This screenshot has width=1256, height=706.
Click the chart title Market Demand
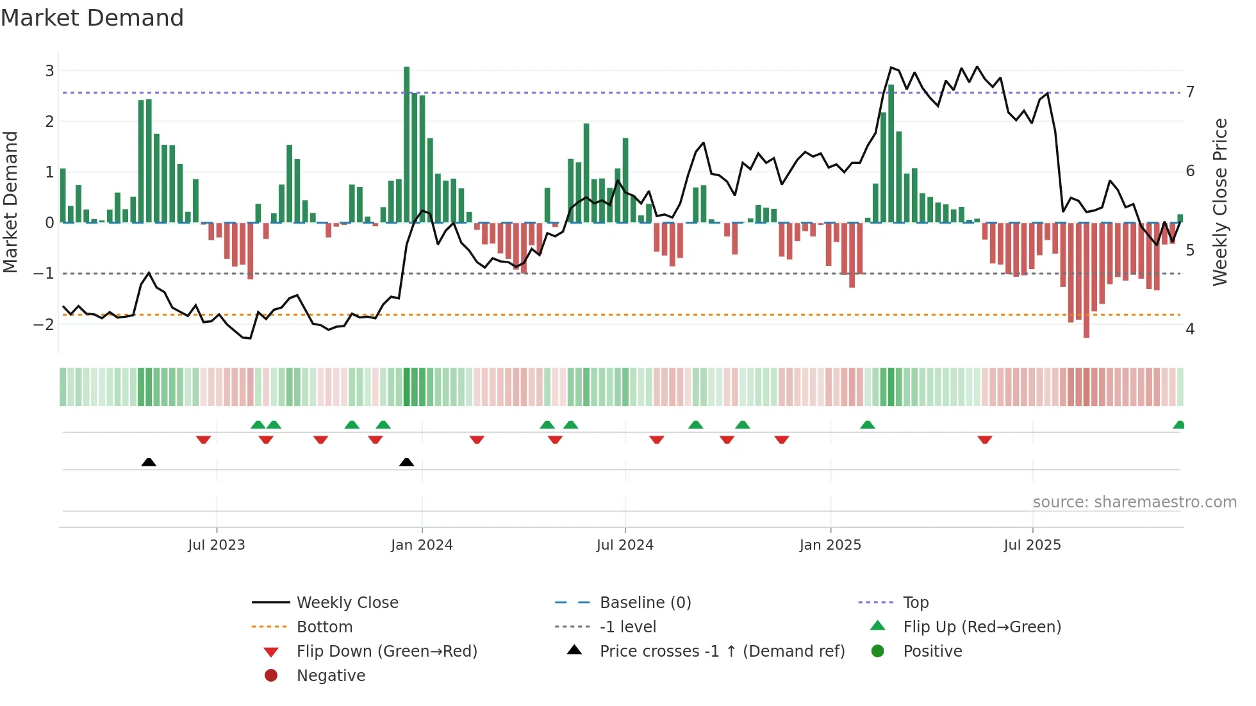click(92, 18)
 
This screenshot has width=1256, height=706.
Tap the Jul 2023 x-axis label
click(217, 545)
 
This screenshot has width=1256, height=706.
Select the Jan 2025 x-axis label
click(830, 545)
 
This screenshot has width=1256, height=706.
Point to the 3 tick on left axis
click(49, 70)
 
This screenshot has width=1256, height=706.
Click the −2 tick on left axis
click(44, 324)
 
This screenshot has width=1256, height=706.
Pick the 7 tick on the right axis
click(1190, 92)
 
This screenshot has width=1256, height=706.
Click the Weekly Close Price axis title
click(1220, 202)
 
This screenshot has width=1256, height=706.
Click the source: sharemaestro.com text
click(1134, 502)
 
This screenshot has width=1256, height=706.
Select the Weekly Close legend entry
click(347, 602)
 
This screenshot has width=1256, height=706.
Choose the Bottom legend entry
click(324, 627)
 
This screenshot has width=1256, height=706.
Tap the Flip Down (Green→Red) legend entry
click(386, 651)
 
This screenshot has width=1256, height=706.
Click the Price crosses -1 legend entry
click(722, 651)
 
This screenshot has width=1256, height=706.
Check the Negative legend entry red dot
click(271, 675)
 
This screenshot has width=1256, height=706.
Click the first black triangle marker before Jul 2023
click(149, 462)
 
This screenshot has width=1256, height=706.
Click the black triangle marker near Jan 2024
click(406, 462)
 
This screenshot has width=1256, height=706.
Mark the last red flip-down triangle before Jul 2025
click(985, 439)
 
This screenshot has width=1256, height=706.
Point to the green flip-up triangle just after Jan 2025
click(867, 425)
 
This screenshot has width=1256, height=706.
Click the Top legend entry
click(915, 602)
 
